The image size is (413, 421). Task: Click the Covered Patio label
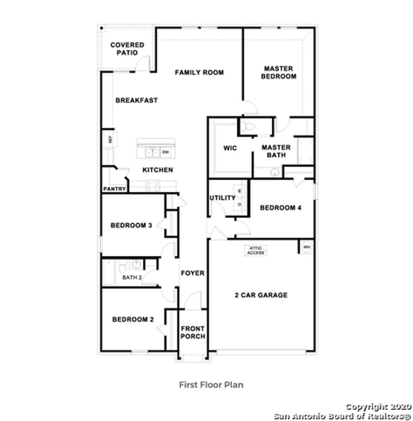click(x=127, y=49)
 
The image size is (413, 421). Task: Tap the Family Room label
click(x=199, y=73)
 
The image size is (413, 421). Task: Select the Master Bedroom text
click(x=278, y=73)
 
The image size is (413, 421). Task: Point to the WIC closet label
click(x=230, y=148)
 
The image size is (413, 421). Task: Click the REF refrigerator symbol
click(x=109, y=140)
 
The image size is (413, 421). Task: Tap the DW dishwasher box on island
click(x=165, y=152)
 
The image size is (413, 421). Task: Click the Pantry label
click(x=115, y=189)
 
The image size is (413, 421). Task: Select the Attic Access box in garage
click(x=256, y=250)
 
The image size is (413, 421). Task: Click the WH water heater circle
click(x=307, y=247)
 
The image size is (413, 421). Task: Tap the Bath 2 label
click(x=132, y=277)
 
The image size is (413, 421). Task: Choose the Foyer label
click(x=192, y=273)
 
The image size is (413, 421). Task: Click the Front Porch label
click(x=193, y=332)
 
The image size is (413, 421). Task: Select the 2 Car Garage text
click(x=261, y=295)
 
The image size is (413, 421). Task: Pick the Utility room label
click(x=222, y=198)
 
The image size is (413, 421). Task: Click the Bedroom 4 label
click(x=281, y=208)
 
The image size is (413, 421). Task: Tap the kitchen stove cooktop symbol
click(x=153, y=185)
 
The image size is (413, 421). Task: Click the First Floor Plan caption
click(x=211, y=385)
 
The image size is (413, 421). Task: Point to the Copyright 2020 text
click(x=378, y=407)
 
